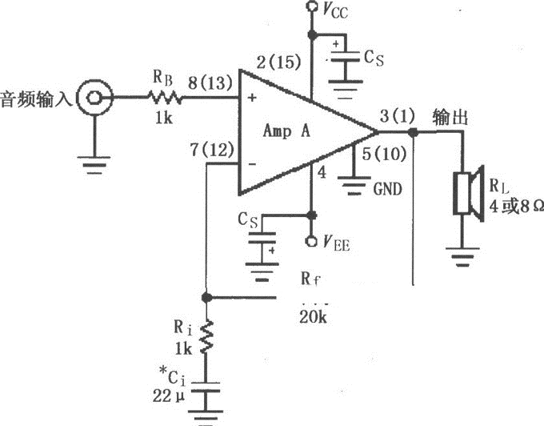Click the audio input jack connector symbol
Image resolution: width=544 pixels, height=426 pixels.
94,98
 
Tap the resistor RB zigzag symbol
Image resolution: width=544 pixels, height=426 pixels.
163,98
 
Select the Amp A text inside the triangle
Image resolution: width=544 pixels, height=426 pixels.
293,132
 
